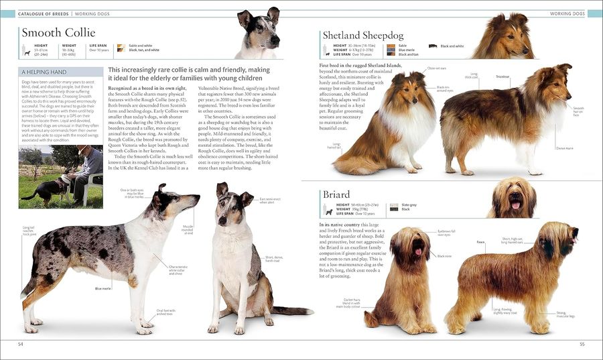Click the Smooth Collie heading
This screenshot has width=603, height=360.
(58, 33)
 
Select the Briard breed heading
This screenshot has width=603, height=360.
(336, 195)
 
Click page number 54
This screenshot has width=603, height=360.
(21, 343)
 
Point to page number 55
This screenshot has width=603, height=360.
(582, 343)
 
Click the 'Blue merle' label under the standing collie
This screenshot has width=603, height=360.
(103, 288)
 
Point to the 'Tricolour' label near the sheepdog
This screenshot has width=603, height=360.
(503, 76)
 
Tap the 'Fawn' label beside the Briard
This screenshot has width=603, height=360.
(480, 242)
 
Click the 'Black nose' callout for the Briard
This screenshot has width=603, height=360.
(444, 255)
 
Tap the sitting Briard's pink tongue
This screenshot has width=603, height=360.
(417, 252)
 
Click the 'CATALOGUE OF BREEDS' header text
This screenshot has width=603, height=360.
(44, 13)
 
